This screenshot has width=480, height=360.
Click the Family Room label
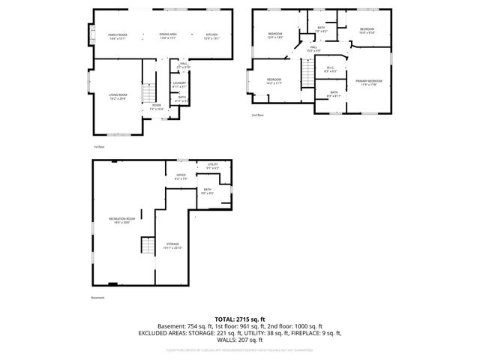pos(118,35)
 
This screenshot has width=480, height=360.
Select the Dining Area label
pos(168,35)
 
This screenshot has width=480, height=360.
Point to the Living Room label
pos(118,96)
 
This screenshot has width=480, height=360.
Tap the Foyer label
pos(157,106)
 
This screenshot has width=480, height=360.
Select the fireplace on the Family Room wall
pos(91,34)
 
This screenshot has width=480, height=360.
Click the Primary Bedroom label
pos(368,82)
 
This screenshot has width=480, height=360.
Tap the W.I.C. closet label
pos(330,70)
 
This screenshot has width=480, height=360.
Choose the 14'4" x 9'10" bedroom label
pos(366,31)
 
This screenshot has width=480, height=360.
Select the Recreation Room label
pos(122,220)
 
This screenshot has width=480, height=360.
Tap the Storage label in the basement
pos(173,245)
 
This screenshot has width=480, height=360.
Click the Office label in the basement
pos(181,177)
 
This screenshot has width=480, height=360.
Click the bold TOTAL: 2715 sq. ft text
pos(240,319)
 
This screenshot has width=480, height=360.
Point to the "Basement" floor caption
pos(98,298)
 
